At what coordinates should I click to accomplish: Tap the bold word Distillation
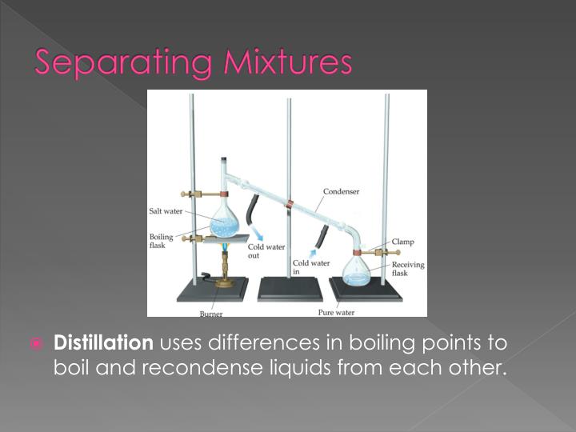(x=102, y=344)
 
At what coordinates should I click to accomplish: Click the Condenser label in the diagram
(x=340, y=191)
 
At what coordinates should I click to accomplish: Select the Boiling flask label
(x=162, y=242)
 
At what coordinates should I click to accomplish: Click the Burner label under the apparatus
(x=211, y=314)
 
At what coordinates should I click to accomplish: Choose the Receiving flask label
(x=408, y=269)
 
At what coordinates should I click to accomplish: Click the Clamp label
(x=402, y=241)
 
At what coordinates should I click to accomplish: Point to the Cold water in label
(x=310, y=266)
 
